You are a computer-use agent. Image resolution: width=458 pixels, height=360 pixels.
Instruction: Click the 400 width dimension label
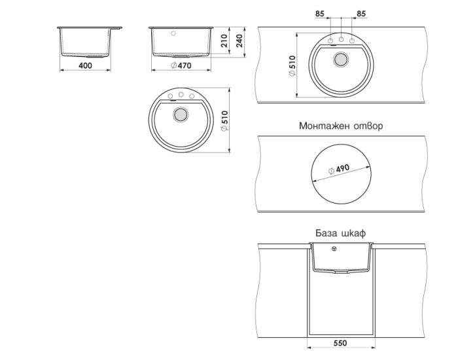coord(85,65)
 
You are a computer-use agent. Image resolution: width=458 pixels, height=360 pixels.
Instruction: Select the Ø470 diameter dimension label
coord(181,65)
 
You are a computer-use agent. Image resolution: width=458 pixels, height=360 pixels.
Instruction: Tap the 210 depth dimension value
coord(224,41)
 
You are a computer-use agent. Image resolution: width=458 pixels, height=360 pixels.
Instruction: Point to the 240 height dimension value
coord(239,41)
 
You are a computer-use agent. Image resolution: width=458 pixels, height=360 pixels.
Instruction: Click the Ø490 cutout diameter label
coord(339,169)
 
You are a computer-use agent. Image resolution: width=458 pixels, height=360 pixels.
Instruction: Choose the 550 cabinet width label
coord(340,343)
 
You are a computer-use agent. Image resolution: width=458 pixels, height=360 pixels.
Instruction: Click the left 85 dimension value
coord(320,14)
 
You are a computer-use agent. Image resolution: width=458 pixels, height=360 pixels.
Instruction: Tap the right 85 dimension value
coord(361,14)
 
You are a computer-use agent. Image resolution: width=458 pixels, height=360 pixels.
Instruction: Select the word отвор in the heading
coord(368,126)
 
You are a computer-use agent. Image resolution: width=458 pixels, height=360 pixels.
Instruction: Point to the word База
coord(326,233)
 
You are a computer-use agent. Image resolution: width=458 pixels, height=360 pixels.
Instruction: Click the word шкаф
coord(353,233)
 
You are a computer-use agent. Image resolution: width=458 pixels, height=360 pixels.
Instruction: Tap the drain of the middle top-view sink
coord(180,115)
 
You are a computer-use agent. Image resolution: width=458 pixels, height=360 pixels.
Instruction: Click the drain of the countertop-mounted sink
coord(341,60)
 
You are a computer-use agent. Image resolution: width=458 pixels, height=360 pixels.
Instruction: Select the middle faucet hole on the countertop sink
coord(341,39)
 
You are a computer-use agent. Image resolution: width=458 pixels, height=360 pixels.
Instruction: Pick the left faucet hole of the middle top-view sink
coord(170,96)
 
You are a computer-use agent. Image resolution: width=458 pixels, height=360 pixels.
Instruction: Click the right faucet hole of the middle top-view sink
coord(192,96)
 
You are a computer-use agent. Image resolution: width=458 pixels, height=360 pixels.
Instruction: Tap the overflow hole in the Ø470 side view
coord(173,33)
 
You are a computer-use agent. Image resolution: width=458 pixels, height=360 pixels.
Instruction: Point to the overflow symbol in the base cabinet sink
coord(334,249)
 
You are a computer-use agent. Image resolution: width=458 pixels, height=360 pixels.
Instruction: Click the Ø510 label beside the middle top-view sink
coord(224,120)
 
